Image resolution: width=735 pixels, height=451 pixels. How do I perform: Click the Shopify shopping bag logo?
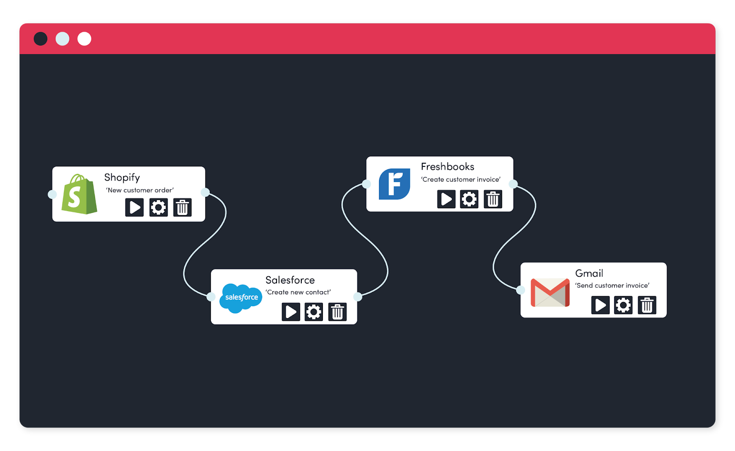pyautogui.click(x=79, y=194)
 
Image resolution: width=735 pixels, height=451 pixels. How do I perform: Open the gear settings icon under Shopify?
pyautogui.click(x=158, y=207)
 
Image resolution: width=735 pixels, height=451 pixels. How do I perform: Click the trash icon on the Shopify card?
pyautogui.click(x=182, y=207)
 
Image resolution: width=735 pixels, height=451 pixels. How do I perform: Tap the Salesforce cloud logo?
pyautogui.click(x=241, y=298)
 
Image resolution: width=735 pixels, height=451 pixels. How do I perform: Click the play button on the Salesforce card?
pyautogui.click(x=291, y=312)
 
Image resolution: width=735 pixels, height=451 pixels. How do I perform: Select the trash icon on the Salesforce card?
pyautogui.click(x=337, y=312)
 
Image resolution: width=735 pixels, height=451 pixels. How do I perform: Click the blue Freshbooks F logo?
pyautogui.click(x=395, y=184)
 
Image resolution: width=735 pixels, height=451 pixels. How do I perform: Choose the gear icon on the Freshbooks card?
pyautogui.click(x=469, y=199)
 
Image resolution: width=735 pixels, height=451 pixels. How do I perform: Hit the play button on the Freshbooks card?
pyautogui.click(x=446, y=199)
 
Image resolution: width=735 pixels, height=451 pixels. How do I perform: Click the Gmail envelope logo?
pyautogui.click(x=550, y=292)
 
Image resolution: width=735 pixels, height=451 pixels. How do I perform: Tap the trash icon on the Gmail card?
pyautogui.click(x=647, y=305)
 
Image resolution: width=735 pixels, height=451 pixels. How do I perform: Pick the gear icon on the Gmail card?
pyautogui.click(x=623, y=305)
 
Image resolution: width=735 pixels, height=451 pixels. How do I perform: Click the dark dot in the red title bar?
pyautogui.click(x=40, y=39)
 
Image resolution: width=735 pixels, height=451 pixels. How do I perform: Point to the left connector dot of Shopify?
pyautogui.click(x=52, y=194)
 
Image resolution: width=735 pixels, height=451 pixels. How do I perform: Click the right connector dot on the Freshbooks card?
pyautogui.click(x=513, y=184)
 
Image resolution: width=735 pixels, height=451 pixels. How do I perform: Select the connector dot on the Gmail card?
pyautogui.click(x=520, y=290)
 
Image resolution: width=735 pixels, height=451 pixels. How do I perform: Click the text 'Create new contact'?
pyautogui.click(x=298, y=292)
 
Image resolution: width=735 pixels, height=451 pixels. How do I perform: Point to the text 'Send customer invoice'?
pyautogui.click(x=612, y=285)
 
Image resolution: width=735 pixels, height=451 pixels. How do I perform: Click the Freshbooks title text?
pyautogui.click(x=447, y=166)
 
